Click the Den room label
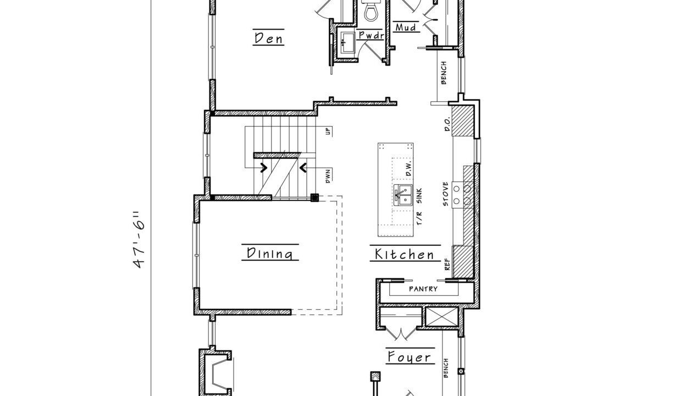pyautogui.click(x=268, y=38)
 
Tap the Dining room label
pyautogui.click(x=269, y=254)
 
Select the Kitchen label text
pyautogui.click(x=404, y=254)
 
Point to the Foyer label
pyautogui.click(x=408, y=357)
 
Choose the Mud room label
pyautogui.click(x=406, y=27)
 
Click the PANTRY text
pyautogui.click(x=423, y=289)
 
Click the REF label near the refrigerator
pyautogui.click(x=447, y=265)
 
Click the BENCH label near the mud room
pyautogui.click(x=444, y=73)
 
